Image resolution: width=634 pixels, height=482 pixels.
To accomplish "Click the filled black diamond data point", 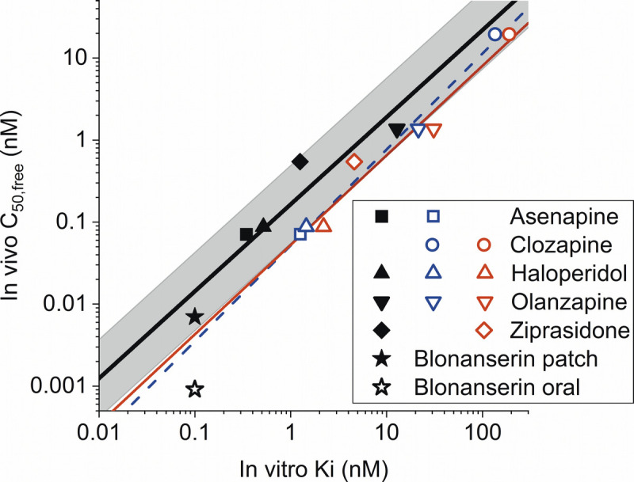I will [300, 161].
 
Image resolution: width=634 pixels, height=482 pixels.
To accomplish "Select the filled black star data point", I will [195, 317].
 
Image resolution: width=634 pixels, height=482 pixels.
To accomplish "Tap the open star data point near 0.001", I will [195, 389].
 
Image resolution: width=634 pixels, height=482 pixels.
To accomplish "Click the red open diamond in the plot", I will [354, 161].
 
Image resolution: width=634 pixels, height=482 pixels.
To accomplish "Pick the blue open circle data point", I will [495, 34].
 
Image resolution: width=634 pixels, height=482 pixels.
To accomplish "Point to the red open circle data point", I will [509, 34].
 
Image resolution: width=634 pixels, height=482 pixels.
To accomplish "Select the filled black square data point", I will [246, 234].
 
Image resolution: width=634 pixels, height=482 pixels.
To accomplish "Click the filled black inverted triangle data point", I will [397, 131].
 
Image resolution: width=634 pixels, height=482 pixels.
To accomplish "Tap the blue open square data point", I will [300, 234].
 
